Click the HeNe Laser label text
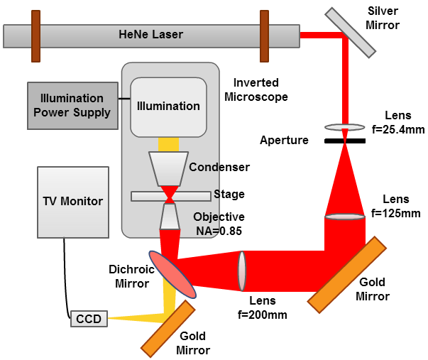(x=150, y=34)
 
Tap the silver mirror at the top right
(x=351, y=33)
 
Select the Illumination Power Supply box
(x=72, y=106)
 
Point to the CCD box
(x=89, y=320)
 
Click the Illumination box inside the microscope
(x=168, y=107)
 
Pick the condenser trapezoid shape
(x=168, y=168)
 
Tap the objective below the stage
(x=169, y=217)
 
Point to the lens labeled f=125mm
(x=345, y=216)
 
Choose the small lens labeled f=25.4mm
(x=345, y=127)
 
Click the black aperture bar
(x=345, y=141)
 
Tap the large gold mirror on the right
(x=347, y=273)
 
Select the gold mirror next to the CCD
(x=168, y=328)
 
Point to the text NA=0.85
(x=221, y=229)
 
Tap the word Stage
(x=229, y=194)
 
